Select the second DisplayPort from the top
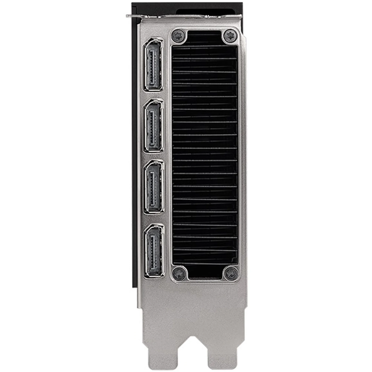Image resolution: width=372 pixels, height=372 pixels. click(154, 126)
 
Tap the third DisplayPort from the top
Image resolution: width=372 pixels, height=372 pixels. click(154, 187)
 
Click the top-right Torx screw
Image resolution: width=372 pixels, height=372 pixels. click(230, 35)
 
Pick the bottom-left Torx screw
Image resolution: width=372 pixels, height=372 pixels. click(179, 273)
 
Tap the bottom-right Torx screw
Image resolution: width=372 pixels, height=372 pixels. click(231, 273)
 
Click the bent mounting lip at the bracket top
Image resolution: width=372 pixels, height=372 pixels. click(186, 17)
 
